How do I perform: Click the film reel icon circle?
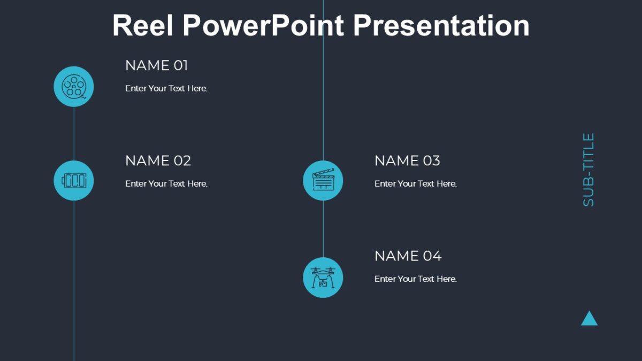(74, 86)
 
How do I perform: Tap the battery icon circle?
(74, 180)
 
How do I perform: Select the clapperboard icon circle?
(323, 180)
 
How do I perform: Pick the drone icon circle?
(323, 277)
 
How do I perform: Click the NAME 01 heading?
(157, 66)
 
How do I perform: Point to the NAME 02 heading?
(158, 160)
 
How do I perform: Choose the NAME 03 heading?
(407, 160)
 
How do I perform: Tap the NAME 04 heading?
(408, 256)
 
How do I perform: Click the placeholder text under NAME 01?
(166, 88)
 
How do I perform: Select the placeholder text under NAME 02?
(166, 183)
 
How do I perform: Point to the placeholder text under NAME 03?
(415, 183)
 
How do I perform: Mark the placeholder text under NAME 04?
(415, 279)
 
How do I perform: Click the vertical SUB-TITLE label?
(588, 170)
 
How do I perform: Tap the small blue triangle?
(589, 319)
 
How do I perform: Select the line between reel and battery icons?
(74, 133)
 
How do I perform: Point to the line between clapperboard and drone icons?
(323, 228)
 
